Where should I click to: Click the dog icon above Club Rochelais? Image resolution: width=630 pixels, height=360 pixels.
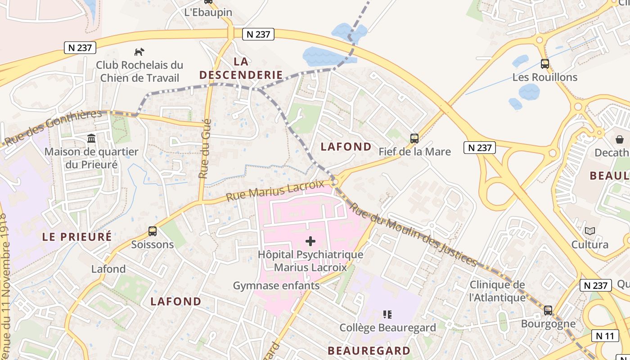[139, 52]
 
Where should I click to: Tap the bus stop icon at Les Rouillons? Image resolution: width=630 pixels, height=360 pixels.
[545, 64]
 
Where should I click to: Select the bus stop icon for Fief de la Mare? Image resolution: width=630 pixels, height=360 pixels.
[414, 139]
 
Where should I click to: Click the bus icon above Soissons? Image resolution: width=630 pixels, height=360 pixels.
[153, 231]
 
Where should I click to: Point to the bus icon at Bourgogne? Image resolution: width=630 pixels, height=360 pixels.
[548, 310]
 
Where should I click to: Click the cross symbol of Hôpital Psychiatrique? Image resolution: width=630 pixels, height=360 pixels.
[310, 241]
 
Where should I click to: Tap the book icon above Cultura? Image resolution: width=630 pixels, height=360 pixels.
[589, 231]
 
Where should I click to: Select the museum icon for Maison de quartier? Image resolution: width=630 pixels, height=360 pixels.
[91, 138]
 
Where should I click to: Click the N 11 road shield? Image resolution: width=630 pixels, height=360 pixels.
[605, 335]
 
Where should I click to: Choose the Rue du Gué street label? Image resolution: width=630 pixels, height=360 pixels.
[206, 148]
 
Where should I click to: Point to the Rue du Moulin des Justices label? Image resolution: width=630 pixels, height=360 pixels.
[413, 234]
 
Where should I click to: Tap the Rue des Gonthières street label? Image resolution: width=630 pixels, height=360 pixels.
[53, 127]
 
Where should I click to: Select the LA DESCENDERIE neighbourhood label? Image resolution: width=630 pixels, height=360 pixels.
[241, 68]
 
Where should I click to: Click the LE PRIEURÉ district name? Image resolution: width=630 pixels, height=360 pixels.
[77, 237]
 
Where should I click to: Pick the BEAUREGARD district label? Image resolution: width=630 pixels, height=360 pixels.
[369, 351]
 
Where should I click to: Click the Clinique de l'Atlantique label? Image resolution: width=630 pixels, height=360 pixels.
[497, 291]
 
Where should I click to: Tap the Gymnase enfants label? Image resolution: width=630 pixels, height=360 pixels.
[276, 285]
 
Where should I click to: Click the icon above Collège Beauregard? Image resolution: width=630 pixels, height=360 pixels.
[387, 314]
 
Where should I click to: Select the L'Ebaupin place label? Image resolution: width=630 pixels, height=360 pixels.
[208, 12]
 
